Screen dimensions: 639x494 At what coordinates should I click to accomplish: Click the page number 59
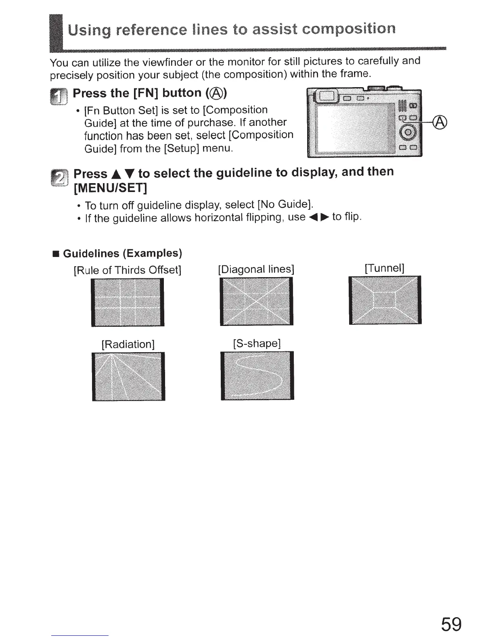[x=451, y=624]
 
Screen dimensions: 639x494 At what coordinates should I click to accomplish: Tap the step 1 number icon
[x=57, y=97]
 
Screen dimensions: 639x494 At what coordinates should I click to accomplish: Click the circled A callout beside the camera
[x=440, y=121]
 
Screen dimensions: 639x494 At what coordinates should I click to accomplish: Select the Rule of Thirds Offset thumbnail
[x=128, y=302]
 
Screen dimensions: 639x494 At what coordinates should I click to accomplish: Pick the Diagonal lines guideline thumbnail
[x=256, y=301]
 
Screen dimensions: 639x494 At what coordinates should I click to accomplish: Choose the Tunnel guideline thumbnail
[x=385, y=300]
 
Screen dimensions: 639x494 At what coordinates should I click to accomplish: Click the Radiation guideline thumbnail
[x=128, y=376]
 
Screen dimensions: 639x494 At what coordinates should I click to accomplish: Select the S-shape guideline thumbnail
[x=257, y=376]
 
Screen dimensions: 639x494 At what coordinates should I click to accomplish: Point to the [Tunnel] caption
[x=384, y=268]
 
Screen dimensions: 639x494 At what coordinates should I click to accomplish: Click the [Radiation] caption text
[x=128, y=344]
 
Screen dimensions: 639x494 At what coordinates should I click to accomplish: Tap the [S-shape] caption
[x=257, y=343]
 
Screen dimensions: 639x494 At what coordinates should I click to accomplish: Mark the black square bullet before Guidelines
[x=56, y=254]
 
